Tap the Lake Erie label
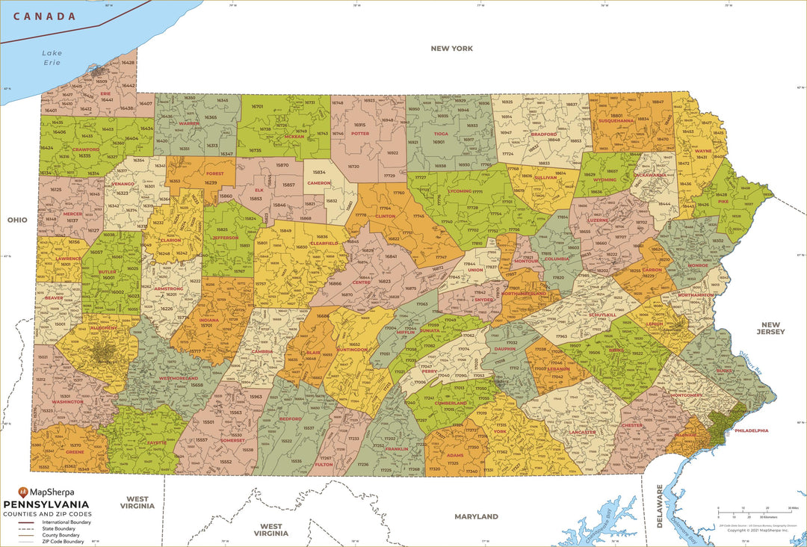point(52,58)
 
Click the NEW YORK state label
point(451,49)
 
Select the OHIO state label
point(17,220)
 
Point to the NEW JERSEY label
point(770,327)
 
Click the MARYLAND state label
point(477,516)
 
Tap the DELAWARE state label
point(660,506)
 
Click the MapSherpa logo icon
point(23,492)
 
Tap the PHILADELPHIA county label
point(751,430)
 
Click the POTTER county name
point(359,134)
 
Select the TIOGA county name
point(441,134)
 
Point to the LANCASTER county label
point(582,432)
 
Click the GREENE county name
point(75,451)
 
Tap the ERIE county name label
point(105,94)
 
